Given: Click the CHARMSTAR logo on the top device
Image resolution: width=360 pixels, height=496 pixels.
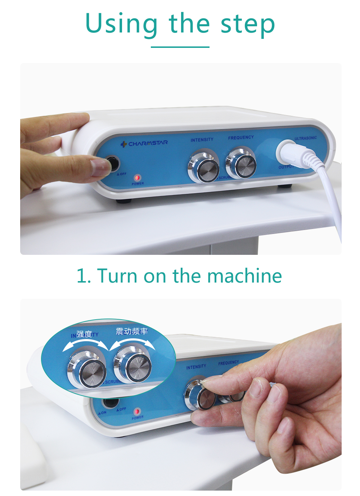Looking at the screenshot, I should coord(144,143).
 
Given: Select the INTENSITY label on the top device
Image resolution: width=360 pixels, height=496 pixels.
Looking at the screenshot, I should coord(202,140).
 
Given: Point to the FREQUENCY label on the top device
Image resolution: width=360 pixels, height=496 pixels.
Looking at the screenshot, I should coord(241,137).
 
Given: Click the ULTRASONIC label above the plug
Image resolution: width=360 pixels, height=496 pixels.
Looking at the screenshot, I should coord(305,138).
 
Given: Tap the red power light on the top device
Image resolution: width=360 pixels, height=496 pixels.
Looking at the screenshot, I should coord(138,177).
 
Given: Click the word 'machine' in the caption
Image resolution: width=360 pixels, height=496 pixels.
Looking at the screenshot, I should coord(244,276).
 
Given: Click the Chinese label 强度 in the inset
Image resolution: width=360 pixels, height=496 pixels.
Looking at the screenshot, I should coord(84,334).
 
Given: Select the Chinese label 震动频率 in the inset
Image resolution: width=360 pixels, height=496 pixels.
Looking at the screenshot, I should coord(132,331).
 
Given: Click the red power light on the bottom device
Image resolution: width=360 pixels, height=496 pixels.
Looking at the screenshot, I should coord(137,411).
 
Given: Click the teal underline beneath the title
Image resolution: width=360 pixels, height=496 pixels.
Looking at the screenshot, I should coord(180,47).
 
